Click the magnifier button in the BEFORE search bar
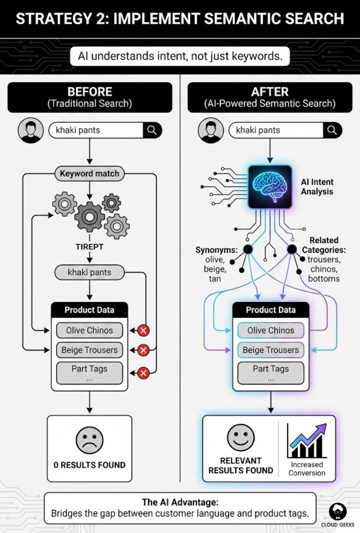pos(152,130)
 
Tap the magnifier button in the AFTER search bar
pos(332,130)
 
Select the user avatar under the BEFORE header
pos(31,130)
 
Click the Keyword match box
pos(89,174)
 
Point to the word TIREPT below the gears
pos(89,247)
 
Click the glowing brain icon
pos(270,187)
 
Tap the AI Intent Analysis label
pos(317,187)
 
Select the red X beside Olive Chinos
pos(144,330)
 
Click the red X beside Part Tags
pos(144,373)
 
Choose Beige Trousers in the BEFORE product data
pos(89,350)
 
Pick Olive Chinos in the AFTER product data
pos(271,330)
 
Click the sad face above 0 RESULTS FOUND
pos(89,440)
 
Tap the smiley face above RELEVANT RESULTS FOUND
pos(241,437)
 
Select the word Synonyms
pos(216,250)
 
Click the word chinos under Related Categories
pos(324,269)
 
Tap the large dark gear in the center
pos(89,217)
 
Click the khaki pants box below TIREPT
pos(89,272)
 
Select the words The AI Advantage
pos(180,502)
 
